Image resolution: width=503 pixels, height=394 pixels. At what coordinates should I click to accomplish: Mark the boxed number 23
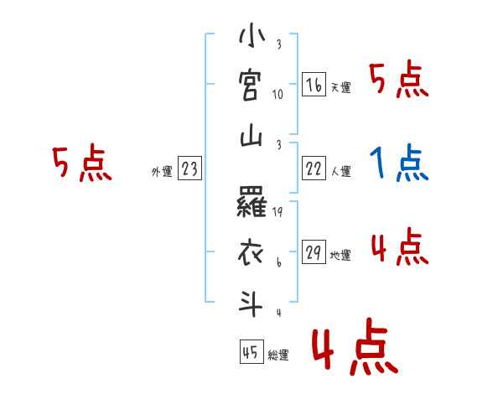(x=189, y=169)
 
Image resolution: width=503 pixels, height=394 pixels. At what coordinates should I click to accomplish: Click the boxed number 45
(x=251, y=353)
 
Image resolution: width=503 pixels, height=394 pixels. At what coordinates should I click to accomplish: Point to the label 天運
(x=340, y=87)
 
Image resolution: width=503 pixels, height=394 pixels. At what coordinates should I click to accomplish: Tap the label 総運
(x=278, y=355)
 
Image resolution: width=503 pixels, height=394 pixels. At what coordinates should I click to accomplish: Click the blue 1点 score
(x=400, y=163)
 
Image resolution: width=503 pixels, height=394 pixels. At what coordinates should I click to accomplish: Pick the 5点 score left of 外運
(x=81, y=163)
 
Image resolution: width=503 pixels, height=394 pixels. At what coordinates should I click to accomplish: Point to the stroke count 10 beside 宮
(x=277, y=94)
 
